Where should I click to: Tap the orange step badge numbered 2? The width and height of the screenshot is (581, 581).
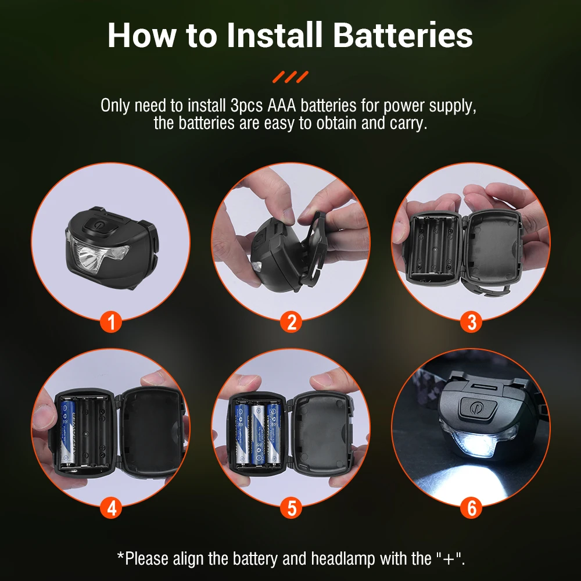pos(291,321)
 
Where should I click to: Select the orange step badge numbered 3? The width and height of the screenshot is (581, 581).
pos(471,321)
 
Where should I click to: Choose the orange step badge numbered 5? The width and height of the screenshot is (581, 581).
pos(291,507)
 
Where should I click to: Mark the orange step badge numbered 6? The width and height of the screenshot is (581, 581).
pos(471,507)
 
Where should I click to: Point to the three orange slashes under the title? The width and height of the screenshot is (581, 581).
pos(291,77)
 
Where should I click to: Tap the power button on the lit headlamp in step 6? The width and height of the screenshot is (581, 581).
pos(476,409)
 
